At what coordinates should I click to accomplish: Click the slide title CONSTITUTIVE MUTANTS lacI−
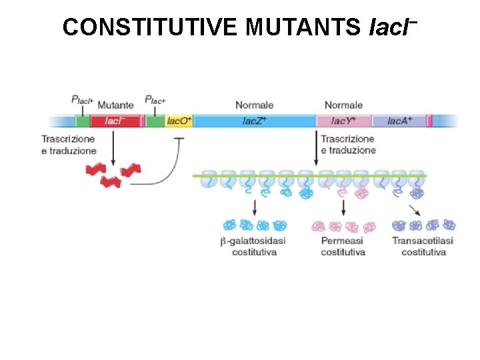[x=240, y=27]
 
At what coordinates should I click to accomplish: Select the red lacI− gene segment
[x=114, y=121]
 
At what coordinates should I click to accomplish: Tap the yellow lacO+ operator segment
[x=179, y=121]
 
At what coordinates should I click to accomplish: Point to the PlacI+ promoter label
[x=83, y=100]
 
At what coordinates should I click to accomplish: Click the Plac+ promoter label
[x=155, y=100]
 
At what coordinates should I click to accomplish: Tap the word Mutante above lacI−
[x=115, y=105]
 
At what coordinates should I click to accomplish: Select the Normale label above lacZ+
[x=254, y=105]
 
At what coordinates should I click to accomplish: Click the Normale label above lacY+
[x=343, y=105]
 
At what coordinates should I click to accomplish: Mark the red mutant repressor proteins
[x=113, y=175]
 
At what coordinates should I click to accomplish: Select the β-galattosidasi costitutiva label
[x=254, y=247]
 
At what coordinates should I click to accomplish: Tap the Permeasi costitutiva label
[x=343, y=247]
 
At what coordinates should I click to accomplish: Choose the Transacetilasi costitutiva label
[x=423, y=247]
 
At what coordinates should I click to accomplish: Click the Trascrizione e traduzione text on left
[x=68, y=145]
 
